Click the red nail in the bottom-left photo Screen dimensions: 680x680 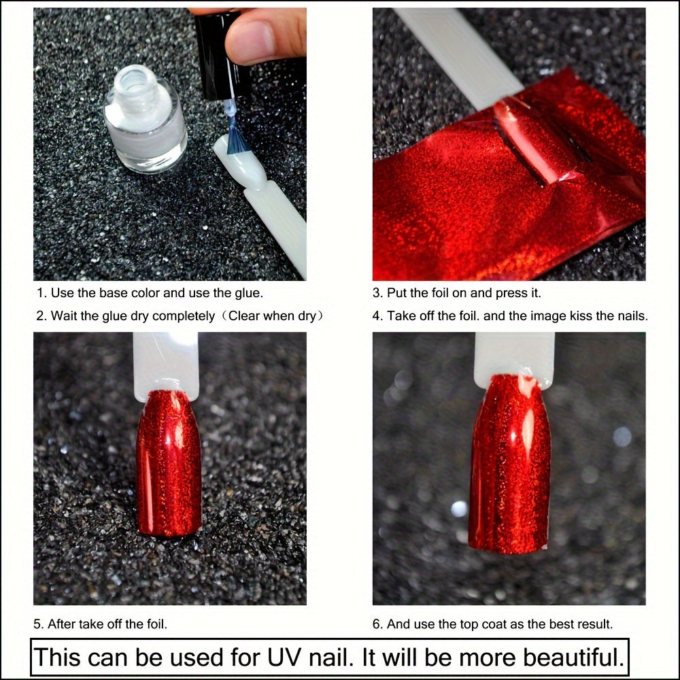tap(169, 462)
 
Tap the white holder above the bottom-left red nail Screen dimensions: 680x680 tap(166, 364)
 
